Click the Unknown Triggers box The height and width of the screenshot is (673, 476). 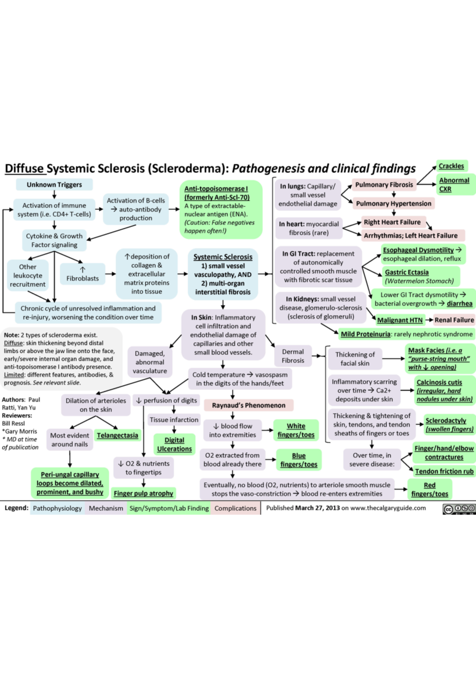[54, 184]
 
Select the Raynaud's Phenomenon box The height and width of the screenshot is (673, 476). [249, 405]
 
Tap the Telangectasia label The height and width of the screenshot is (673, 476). [117, 435]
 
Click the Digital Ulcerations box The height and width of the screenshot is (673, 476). [175, 444]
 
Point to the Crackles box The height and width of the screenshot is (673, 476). [452, 166]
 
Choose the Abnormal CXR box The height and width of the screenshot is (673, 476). [454, 184]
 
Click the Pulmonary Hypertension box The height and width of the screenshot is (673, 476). [393, 203]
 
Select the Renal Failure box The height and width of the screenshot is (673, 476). [454, 320]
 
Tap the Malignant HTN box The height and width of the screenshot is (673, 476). [400, 320]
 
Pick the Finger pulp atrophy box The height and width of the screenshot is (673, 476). [144, 493]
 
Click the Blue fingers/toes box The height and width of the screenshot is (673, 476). [299, 460]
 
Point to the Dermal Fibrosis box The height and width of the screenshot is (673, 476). [293, 356]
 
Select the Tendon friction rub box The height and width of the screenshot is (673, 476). [444, 471]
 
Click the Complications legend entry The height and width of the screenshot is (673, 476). [236, 508]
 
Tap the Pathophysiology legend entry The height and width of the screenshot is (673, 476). [57, 508]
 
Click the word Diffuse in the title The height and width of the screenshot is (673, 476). [24, 168]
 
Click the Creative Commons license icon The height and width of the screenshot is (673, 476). [459, 509]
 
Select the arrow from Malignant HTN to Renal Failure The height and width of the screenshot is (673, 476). [429, 320]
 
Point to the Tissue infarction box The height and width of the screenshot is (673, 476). [174, 420]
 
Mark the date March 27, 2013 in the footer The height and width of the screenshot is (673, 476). [318, 508]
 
